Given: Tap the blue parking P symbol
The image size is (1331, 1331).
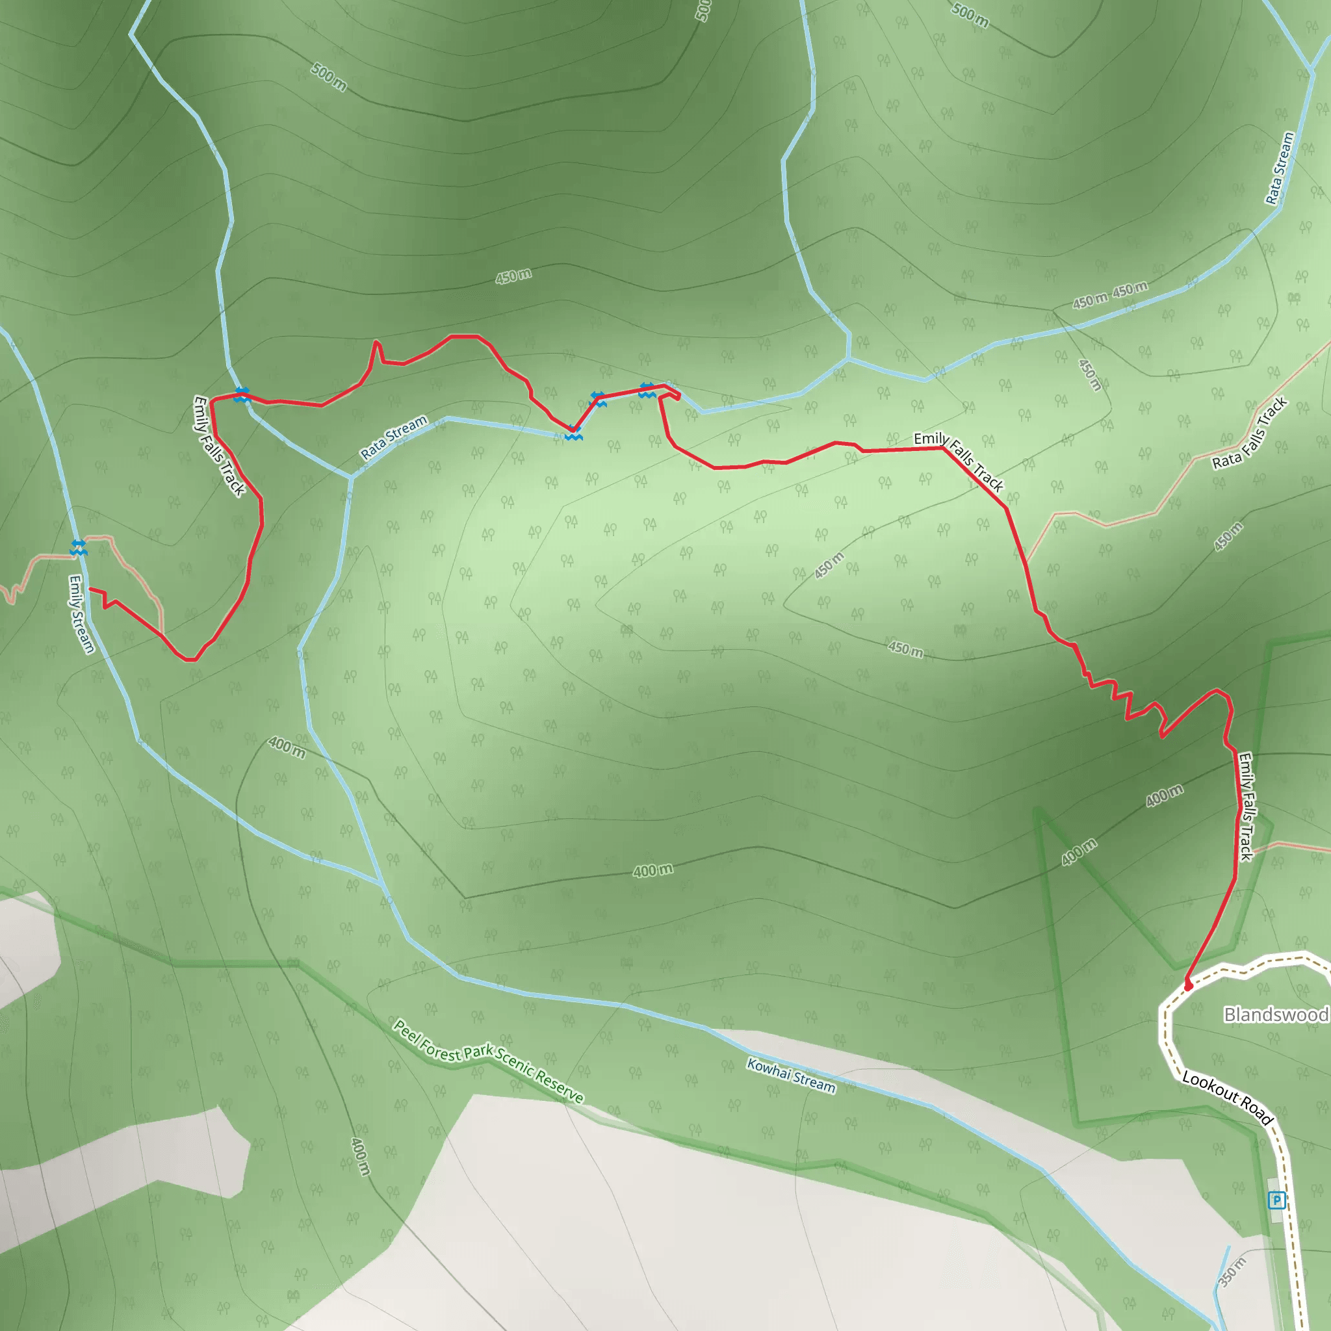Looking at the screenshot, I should [x=1276, y=1201].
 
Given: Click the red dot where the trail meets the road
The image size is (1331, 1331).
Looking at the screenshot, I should [x=1189, y=987].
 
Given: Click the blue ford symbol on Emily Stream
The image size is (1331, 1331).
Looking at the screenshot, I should [x=79, y=547].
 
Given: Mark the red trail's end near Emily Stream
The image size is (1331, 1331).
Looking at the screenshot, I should [x=90, y=589].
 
